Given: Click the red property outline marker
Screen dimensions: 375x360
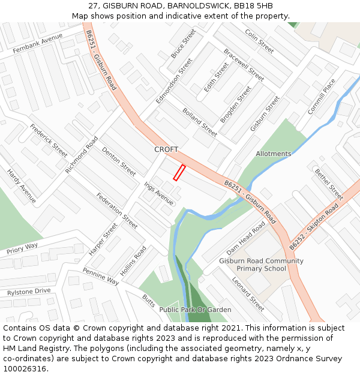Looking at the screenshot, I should [179, 172].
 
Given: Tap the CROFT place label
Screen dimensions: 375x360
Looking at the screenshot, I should [166, 149].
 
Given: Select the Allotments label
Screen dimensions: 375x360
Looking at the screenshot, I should [273, 154].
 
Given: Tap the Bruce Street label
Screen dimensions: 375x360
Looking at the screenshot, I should [183, 43].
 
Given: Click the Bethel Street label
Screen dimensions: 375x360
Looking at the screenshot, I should [329, 184].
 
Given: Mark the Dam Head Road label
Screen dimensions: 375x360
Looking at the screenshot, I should [245, 237].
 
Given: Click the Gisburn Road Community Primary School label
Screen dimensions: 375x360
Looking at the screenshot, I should [261, 265].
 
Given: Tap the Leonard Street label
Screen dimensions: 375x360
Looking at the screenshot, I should [248, 294].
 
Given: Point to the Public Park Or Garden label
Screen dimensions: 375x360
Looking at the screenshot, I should [195, 310].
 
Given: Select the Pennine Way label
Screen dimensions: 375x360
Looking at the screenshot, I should [101, 276].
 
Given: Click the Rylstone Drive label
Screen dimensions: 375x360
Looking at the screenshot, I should [29, 292].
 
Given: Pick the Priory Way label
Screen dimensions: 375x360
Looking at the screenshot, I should [22, 248].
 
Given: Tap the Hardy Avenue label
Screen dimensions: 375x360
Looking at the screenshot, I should [22, 185].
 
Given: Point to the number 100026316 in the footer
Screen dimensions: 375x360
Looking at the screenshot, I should [25, 369].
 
